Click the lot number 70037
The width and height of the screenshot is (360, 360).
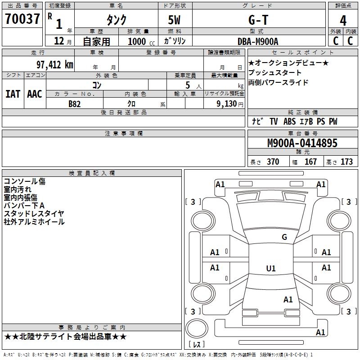[22, 20]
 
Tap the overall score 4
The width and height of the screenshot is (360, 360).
[343, 21]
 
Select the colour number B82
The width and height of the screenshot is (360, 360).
[74, 103]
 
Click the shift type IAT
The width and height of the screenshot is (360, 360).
[13, 94]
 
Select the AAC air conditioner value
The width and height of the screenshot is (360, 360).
[34, 94]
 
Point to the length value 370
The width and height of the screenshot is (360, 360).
[273, 162]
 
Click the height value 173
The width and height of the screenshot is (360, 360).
[346, 162]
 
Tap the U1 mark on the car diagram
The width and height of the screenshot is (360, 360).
[270, 269]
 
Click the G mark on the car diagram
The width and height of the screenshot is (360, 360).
[284, 237]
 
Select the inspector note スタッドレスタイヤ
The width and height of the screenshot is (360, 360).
[34, 214]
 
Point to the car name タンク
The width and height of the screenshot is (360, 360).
[116, 20]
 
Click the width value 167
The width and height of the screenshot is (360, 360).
[310, 162]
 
